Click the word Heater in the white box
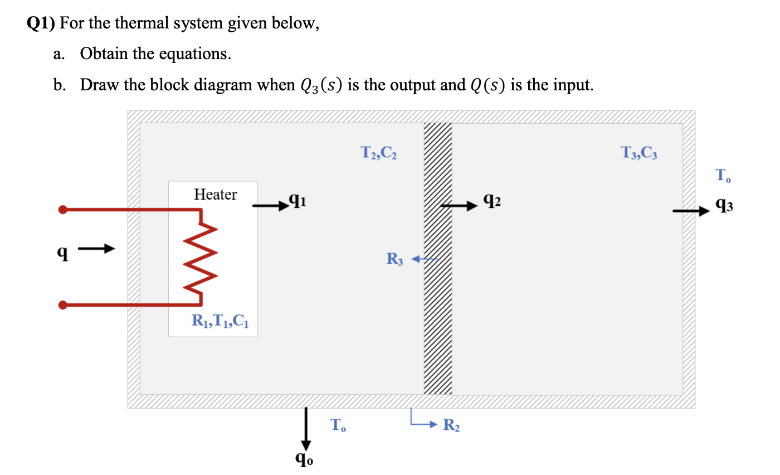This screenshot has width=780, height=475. click(215, 195)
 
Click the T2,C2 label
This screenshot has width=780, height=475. click(378, 152)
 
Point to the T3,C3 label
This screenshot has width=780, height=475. click(639, 152)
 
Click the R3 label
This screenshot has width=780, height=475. click(394, 259)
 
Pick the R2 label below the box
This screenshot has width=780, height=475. click(451, 426)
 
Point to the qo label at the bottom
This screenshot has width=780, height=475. click(304, 458)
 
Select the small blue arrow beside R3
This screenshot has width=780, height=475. click(425, 259)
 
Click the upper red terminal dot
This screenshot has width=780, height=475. click(63, 210)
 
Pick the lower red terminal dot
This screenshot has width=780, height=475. click(63, 305)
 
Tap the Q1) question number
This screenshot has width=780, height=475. click(42, 23)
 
